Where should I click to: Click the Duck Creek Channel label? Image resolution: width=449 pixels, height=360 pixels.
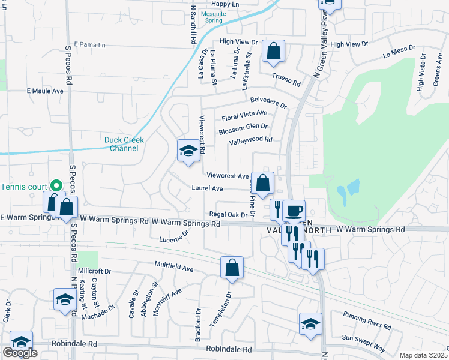tap(124, 144)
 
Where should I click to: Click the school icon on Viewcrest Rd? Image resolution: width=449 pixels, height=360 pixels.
tap(188, 151)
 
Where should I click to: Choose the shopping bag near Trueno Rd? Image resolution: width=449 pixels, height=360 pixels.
tap(273, 52)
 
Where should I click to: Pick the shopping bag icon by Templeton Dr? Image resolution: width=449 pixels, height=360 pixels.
tap(232, 268)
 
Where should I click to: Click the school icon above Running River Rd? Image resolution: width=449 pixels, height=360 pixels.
tap(310, 323)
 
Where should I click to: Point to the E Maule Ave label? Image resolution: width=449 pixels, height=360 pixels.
tap(45, 91)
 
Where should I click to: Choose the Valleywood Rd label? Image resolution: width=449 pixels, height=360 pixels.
tap(250, 141)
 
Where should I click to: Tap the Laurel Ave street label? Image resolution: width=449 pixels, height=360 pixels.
tap(208, 188)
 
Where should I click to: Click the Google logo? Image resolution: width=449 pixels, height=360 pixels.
tap(19, 353)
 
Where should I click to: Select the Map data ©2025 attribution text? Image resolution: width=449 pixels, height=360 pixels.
tap(424, 355)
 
